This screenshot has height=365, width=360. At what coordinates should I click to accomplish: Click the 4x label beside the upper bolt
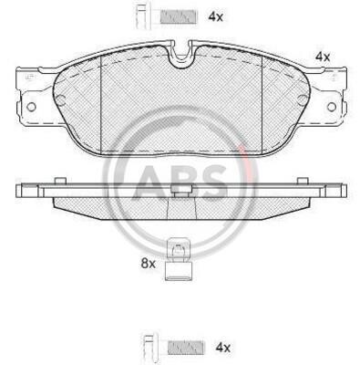pos(215,16)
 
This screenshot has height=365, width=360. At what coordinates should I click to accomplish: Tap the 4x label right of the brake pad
pos(323,57)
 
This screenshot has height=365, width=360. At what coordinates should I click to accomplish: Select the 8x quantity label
pos(148,264)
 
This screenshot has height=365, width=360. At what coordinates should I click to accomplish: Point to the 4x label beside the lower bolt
pos(223,348)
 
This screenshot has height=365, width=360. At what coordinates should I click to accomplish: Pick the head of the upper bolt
pos(143,17)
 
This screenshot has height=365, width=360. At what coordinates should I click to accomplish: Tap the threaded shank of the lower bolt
pos(186,347)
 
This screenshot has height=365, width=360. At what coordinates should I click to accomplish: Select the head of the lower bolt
pos(149,348)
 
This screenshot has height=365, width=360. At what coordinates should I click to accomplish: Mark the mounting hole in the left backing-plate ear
pos(31,107)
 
